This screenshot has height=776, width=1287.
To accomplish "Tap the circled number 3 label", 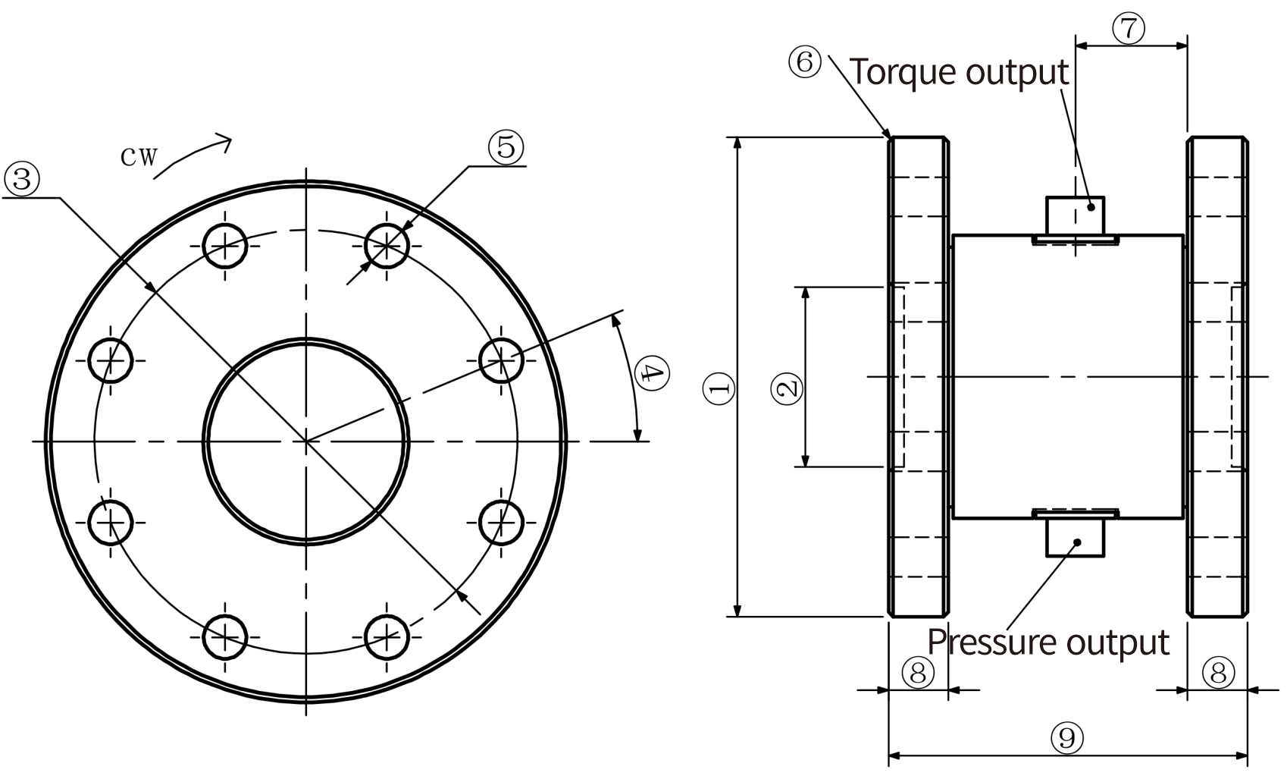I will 22,180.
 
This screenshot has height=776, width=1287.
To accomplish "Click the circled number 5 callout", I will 506,146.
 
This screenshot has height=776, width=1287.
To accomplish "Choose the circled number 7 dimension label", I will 1129,28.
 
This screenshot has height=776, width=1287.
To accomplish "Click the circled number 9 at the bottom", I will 1067,737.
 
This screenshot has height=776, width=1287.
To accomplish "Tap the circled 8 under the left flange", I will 918,671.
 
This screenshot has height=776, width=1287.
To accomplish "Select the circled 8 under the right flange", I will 1218,671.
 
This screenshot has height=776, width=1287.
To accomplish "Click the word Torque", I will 901,72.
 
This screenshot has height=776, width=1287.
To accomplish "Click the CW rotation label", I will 139,157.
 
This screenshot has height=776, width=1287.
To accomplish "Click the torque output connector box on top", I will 1075,215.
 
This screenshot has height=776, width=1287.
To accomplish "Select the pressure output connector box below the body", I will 1076,536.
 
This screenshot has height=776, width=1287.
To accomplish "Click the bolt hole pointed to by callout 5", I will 387,245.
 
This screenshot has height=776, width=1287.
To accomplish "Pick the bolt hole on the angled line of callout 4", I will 501,359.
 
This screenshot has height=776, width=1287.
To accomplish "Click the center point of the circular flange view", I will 306,440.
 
